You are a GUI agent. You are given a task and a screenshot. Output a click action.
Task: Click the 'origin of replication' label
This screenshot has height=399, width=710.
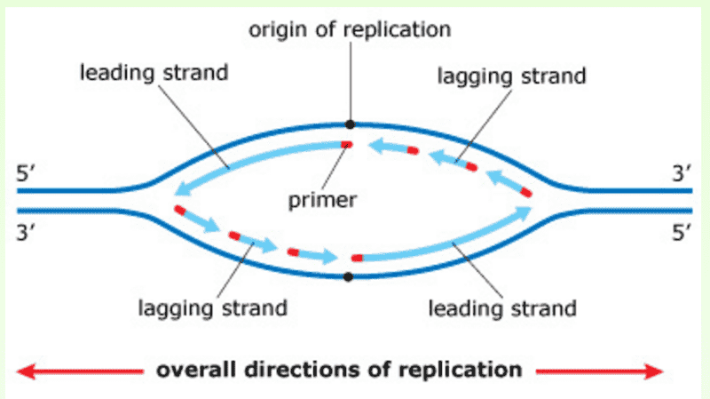349,28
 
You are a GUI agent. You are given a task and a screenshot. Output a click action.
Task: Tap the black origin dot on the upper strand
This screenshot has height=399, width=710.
350,124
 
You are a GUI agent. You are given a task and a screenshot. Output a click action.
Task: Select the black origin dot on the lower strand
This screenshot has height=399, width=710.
348,276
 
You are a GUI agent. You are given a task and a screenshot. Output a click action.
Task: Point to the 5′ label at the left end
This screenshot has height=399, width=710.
27,172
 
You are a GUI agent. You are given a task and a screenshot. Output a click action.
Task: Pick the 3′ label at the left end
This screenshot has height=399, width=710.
27,233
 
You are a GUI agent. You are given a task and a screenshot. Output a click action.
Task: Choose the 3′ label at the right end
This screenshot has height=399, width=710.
681,172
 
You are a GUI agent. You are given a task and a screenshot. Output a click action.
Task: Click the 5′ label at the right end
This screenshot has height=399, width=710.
681,233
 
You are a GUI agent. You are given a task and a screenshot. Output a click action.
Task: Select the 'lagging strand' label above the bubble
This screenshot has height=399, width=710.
512,76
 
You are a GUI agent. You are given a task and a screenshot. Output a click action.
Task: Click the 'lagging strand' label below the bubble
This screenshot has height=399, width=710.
212,308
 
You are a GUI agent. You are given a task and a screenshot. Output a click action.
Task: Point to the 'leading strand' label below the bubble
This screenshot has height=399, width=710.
503,308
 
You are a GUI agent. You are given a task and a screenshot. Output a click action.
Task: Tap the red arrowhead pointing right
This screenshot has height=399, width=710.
657,370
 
